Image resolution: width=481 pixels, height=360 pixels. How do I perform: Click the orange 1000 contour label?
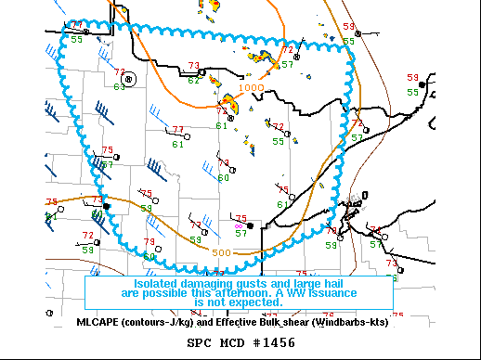(x=251, y=88)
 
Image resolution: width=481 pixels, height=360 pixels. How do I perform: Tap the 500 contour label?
(x=221, y=252)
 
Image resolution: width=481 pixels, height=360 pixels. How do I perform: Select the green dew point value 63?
(x=119, y=86)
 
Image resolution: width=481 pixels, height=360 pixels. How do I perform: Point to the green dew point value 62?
(x=193, y=80)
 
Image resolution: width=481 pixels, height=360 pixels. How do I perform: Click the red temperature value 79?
(x=149, y=242)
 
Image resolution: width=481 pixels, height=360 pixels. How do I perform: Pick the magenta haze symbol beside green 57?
(x=240, y=225)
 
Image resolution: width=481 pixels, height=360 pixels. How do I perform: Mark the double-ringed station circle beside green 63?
(x=130, y=79)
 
